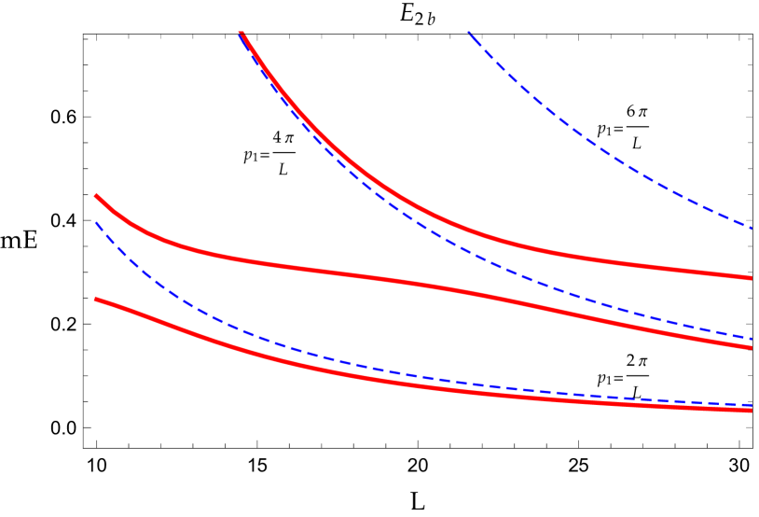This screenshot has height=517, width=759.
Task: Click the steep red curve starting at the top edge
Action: (373, 177)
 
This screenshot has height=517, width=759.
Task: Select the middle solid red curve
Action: (373, 276)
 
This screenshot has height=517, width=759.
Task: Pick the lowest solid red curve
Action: (373, 377)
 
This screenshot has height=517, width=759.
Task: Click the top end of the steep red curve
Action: (241, 34)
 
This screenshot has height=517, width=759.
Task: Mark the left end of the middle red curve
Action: (96, 195)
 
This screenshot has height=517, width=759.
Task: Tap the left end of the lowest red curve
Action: (96, 299)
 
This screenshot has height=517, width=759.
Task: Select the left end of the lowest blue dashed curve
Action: (96, 223)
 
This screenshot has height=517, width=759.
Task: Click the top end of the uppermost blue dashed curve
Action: (467, 32)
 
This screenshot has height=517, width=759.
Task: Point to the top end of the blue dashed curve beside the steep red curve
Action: (240, 35)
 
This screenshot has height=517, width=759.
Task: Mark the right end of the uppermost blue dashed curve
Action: (752, 228)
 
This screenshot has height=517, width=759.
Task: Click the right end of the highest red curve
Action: (752, 277)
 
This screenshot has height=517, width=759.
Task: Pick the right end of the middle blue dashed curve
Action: (752, 339)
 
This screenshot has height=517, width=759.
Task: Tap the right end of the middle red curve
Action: (752, 348)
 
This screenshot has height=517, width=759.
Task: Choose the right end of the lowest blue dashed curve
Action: (752, 405)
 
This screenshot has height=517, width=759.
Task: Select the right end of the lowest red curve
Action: (752, 411)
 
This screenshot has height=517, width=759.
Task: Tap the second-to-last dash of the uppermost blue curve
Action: (723, 215)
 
